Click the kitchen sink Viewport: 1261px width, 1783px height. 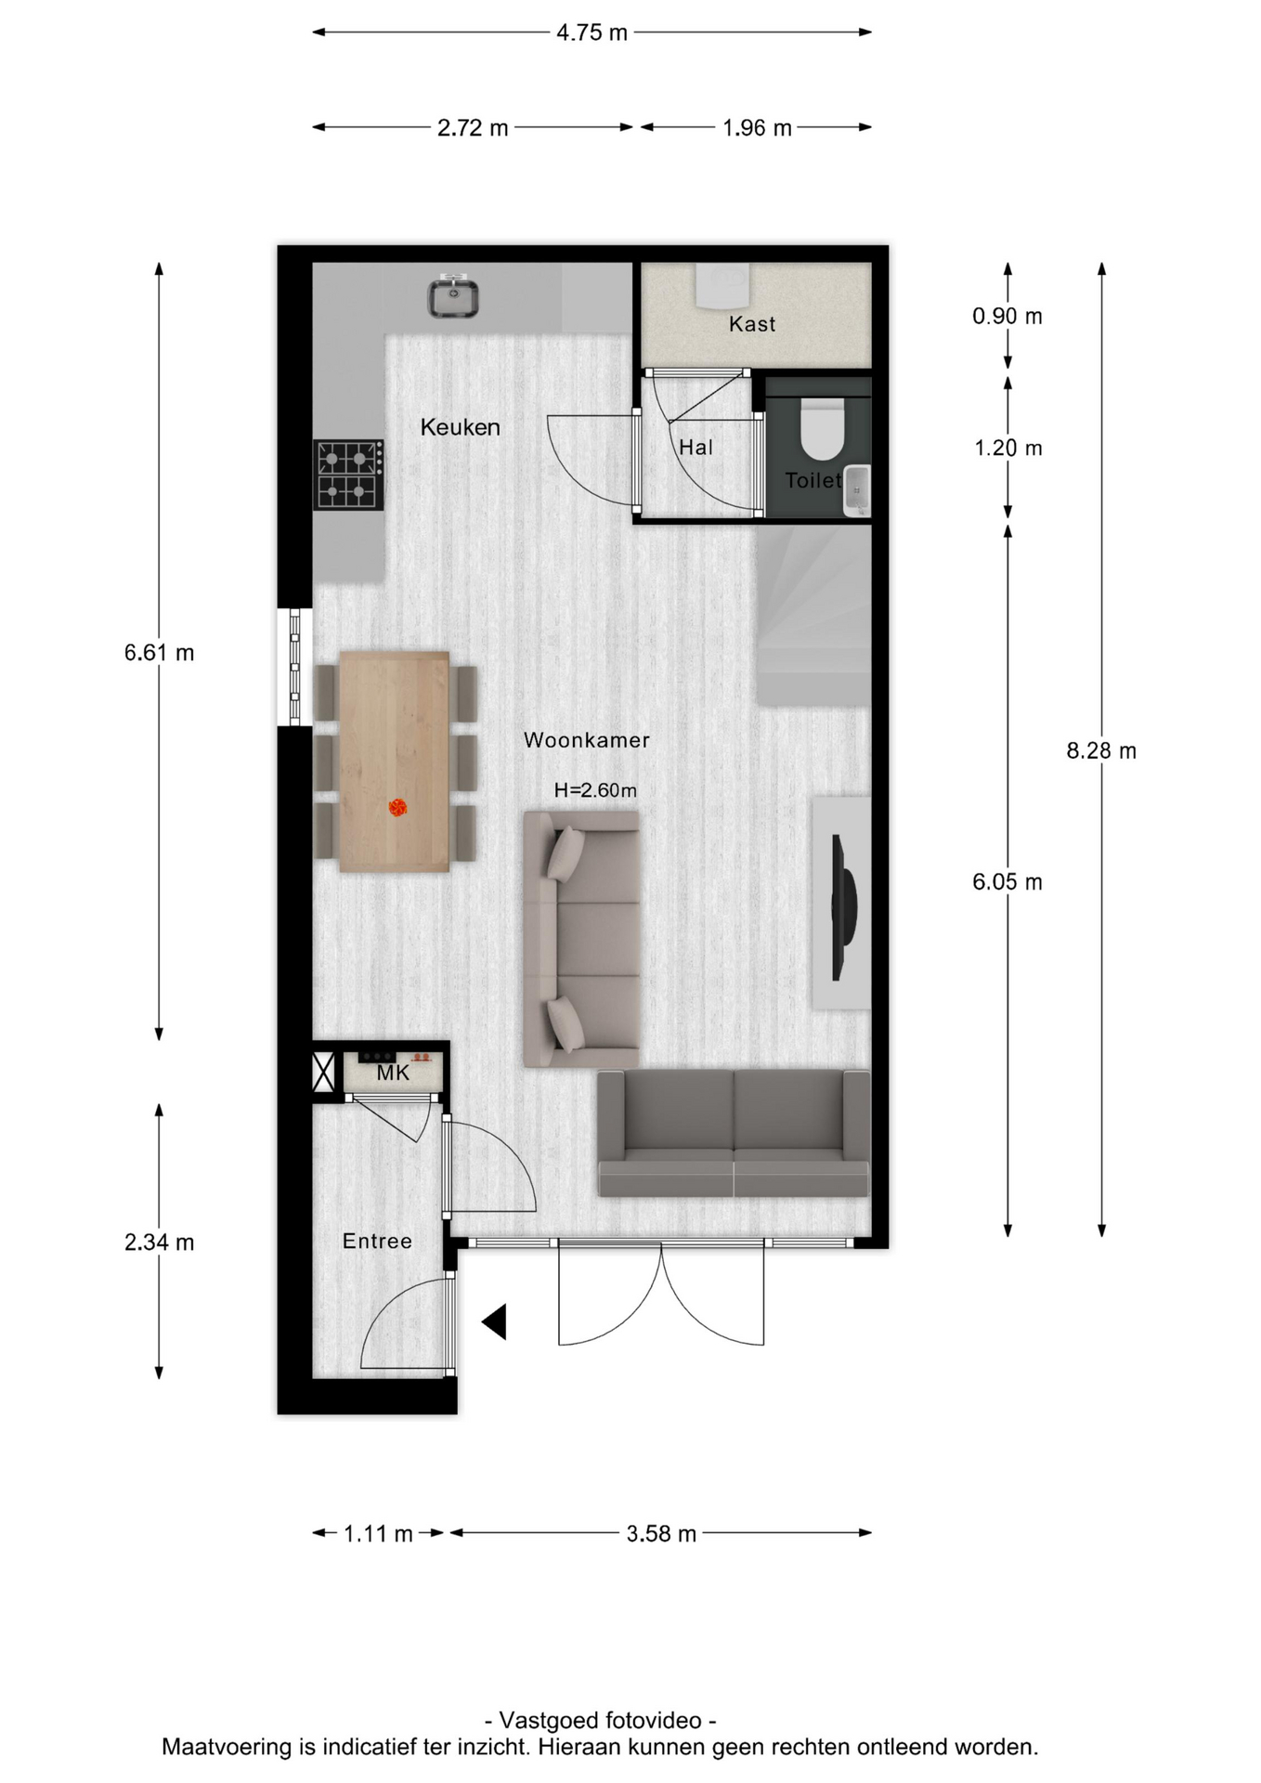[x=452, y=296]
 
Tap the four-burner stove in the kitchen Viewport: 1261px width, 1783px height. [x=348, y=475]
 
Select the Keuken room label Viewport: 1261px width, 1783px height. [x=461, y=427]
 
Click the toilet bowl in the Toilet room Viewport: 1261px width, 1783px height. [x=822, y=428]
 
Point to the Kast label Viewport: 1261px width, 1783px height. [x=752, y=324]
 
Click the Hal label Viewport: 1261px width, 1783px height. [x=696, y=448]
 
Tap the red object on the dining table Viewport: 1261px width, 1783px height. [x=397, y=808]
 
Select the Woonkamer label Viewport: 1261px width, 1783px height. [x=587, y=740]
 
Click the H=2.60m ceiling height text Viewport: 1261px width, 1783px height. [x=595, y=790]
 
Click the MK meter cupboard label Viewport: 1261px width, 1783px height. [x=393, y=1074]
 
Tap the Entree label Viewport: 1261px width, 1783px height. [x=377, y=1241]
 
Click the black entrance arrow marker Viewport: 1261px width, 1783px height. [x=494, y=1321]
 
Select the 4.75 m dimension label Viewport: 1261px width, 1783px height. [x=592, y=33]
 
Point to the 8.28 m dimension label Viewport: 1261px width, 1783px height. [x=1101, y=750]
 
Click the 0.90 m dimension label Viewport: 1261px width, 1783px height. [x=1007, y=317]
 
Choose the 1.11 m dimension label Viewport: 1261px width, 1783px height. [x=378, y=1533]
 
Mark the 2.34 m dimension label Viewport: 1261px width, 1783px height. [x=160, y=1242]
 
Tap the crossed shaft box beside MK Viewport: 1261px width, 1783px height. [x=323, y=1073]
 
